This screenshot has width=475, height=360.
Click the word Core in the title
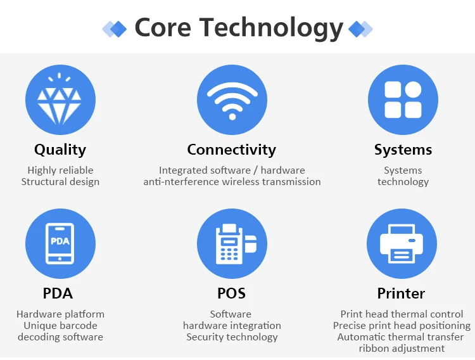[163, 27]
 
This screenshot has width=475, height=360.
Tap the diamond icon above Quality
[60, 99]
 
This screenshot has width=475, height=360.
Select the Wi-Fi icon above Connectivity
[232, 100]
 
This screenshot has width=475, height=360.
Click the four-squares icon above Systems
[403, 100]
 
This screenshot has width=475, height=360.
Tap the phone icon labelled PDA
[60, 243]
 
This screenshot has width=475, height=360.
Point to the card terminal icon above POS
[236, 244]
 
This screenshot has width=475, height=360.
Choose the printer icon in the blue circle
[402, 243]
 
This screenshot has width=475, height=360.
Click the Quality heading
[60, 150]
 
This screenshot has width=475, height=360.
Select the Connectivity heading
[232, 150]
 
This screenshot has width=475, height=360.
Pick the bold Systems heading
[403, 150]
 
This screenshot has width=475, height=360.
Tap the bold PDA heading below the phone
[58, 293]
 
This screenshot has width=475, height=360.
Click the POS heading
[231, 293]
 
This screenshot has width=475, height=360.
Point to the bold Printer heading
[401, 293]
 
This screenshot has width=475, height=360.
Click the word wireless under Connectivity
[241, 182]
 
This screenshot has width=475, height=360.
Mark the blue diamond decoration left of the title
[118, 29]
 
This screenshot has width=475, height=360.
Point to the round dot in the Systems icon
[413, 90]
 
